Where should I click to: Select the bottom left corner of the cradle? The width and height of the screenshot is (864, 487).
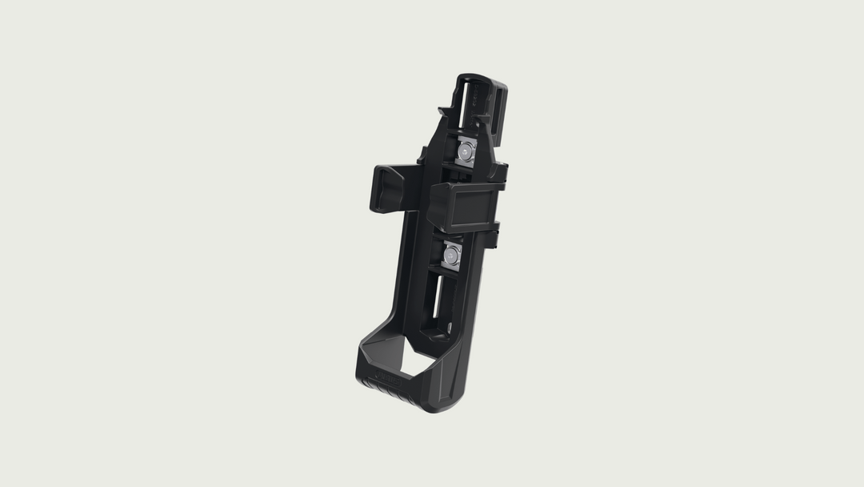[x=358, y=369]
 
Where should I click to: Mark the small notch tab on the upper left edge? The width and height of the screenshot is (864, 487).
[x=441, y=107]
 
